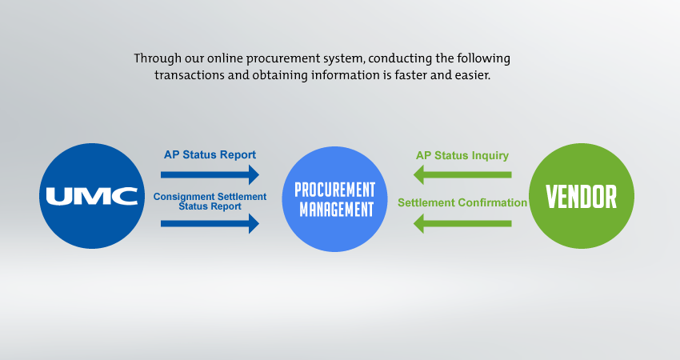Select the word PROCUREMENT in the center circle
pyautogui.click(x=334, y=190)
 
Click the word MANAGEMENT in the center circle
pyautogui.click(x=334, y=210)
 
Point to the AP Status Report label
pyautogui.click(x=210, y=154)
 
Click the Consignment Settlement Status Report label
pyautogui.click(x=210, y=201)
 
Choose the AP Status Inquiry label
pyautogui.click(x=462, y=154)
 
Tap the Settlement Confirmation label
pyautogui.click(x=462, y=202)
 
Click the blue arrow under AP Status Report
pyautogui.click(x=210, y=174)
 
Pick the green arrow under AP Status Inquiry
pyautogui.click(x=462, y=174)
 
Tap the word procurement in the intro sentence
pyautogui.click(x=274, y=59)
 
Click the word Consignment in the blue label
pyautogui.click(x=183, y=195)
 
